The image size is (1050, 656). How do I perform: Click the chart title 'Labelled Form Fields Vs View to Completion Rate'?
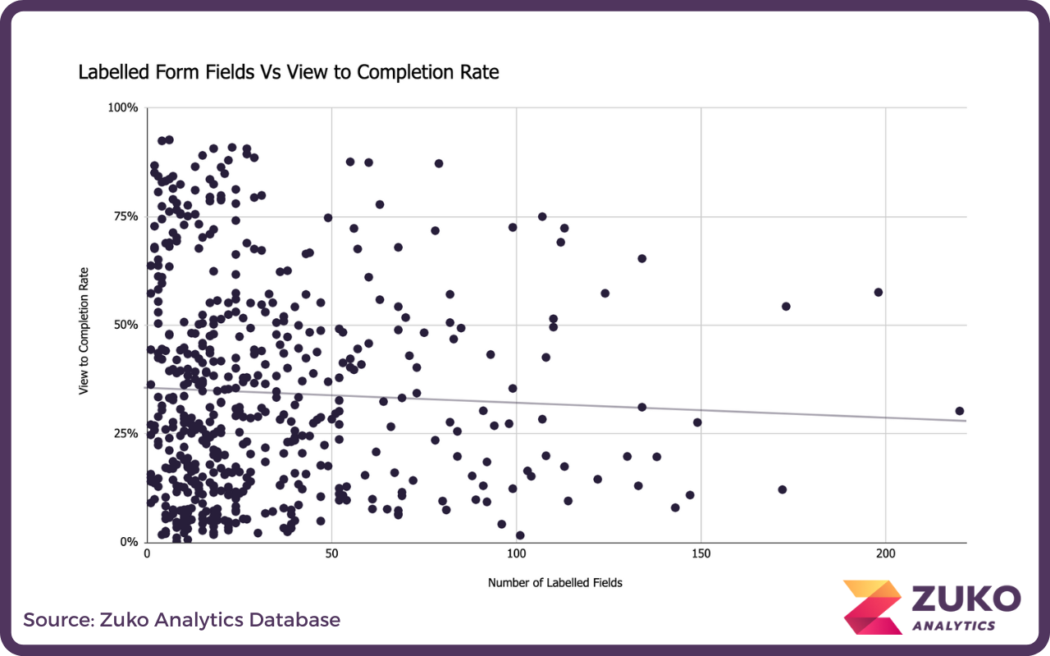[x=288, y=72]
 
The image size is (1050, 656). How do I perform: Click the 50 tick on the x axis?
[x=331, y=555]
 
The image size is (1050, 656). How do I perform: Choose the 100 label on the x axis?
[x=516, y=555]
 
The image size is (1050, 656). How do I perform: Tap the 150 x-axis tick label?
[x=701, y=555]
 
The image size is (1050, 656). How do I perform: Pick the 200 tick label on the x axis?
[x=886, y=555]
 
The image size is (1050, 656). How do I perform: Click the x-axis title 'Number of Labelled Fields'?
[x=555, y=583]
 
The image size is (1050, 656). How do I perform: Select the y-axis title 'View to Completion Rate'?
[x=84, y=330]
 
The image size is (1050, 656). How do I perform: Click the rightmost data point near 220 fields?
[x=960, y=411]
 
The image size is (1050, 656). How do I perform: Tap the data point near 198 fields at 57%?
[x=879, y=292]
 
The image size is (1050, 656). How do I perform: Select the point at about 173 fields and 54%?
[x=786, y=307]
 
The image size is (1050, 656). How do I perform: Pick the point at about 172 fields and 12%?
[x=783, y=490]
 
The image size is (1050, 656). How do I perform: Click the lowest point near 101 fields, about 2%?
[x=520, y=535]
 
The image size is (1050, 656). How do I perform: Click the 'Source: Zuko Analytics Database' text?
[x=181, y=620]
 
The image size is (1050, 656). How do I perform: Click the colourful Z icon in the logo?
[x=872, y=607]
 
